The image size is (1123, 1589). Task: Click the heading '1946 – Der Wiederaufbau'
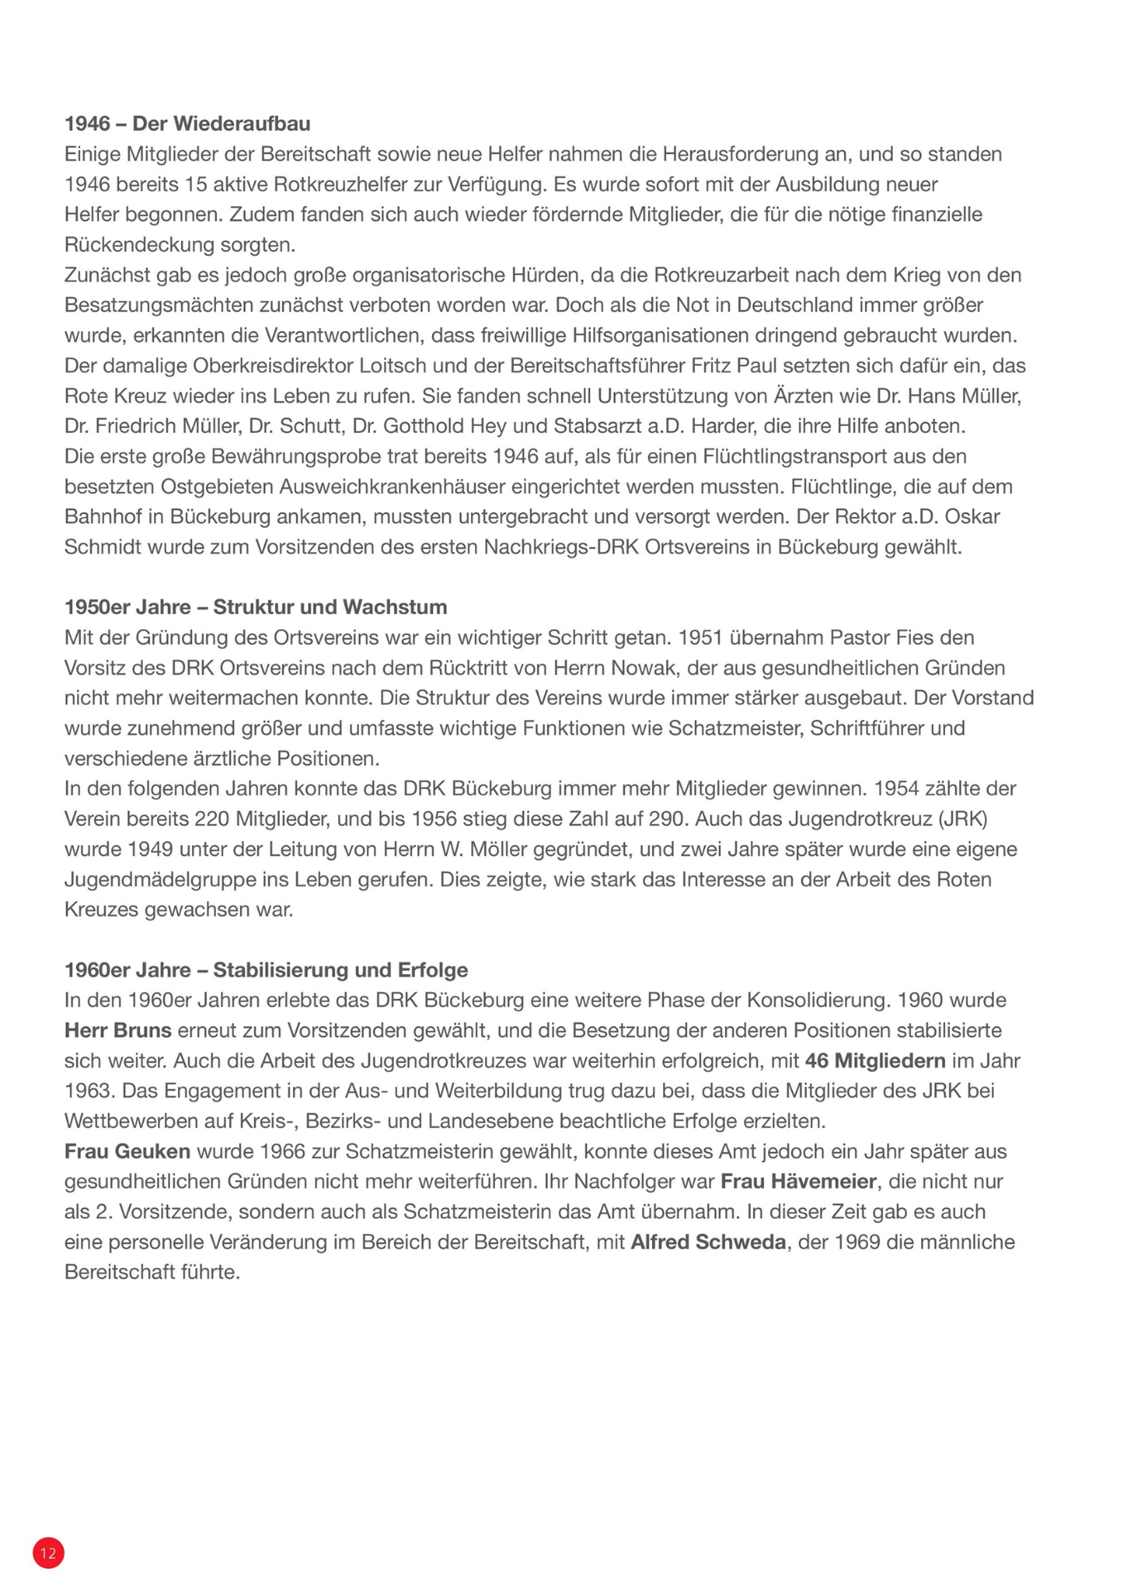[x=187, y=123]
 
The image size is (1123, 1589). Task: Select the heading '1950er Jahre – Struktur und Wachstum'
[x=255, y=607]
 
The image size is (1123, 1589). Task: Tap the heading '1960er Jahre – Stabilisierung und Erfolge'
[x=266, y=969]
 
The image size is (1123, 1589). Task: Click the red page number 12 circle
[x=48, y=1553]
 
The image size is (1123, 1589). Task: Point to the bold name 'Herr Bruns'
[x=118, y=1030]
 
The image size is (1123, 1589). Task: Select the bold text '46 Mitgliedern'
[x=875, y=1060]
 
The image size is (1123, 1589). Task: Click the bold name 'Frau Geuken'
[x=127, y=1151]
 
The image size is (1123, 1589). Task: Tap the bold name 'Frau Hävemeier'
[x=798, y=1181]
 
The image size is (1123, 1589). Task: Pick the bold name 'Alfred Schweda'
[x=708, y=1241]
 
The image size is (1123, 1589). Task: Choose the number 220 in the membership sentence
[x=212, y=819]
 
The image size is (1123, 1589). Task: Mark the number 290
[x=669, y=819]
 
